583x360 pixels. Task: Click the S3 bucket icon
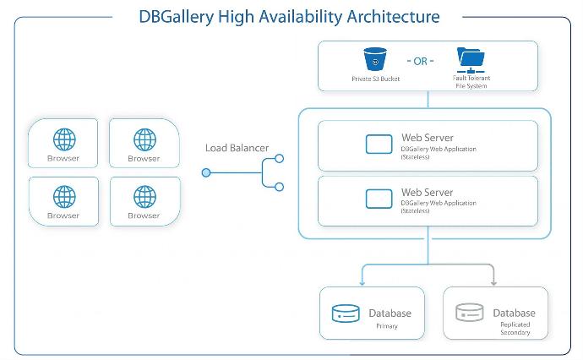[375, 59]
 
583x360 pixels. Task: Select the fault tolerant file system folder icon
[471, 60]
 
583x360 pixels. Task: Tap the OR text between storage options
[421, 62]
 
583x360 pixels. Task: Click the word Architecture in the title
[393, 17]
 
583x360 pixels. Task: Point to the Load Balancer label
[237, 148]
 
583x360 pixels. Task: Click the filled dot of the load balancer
[206, 172]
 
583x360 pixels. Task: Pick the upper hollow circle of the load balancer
[279, 158]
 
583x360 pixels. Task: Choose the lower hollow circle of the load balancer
[279, 187]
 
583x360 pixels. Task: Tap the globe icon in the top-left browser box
[64, 139]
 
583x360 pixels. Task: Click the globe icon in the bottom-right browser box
[145, 196]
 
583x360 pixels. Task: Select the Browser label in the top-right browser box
[144, 158]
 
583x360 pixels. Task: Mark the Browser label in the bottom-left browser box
[63, 215]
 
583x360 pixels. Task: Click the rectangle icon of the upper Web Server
[379, 144]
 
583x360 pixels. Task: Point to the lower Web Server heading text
[428, 193]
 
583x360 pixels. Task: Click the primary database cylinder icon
[346, 314]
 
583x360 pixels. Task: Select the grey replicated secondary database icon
[470, 313]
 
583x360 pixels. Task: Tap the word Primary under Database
[387, 326]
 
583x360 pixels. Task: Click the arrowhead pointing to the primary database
[362, 283]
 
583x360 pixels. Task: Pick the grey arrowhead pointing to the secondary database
[493, 283]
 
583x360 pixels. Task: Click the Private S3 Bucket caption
[375, 79]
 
